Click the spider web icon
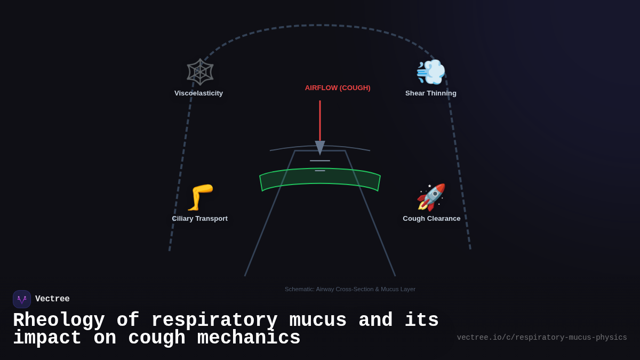pyautogui.click(x=200, y=72)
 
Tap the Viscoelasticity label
pyautogui.click(x=198, y=93)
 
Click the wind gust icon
pyautogui.click(x=430, y=72)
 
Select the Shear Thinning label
pyautogui.click(x=430, y=93)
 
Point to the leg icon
pyautogui.click(x=200, y=197)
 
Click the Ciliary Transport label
pyautogui.click(x=199, y=219)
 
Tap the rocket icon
pyautogui.click(x=431, y=197)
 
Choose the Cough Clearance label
pyautogui.click(x=431, y=219)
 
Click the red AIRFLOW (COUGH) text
pyautogui.click(x=338, y=88)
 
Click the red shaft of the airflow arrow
pyautogui.click(x=320, y=120)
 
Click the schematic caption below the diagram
pyautogui.click(x=350, y=289)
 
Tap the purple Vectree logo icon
pyautogui.click(x=22, y=299)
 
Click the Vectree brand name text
pyautogui.click(x=52, y=299)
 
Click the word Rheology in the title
pyautogui.click(x=59, y=321)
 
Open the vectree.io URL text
pyautogui.click(x=542, y=338)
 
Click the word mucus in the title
pyautogui.click(x=318, y=321)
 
